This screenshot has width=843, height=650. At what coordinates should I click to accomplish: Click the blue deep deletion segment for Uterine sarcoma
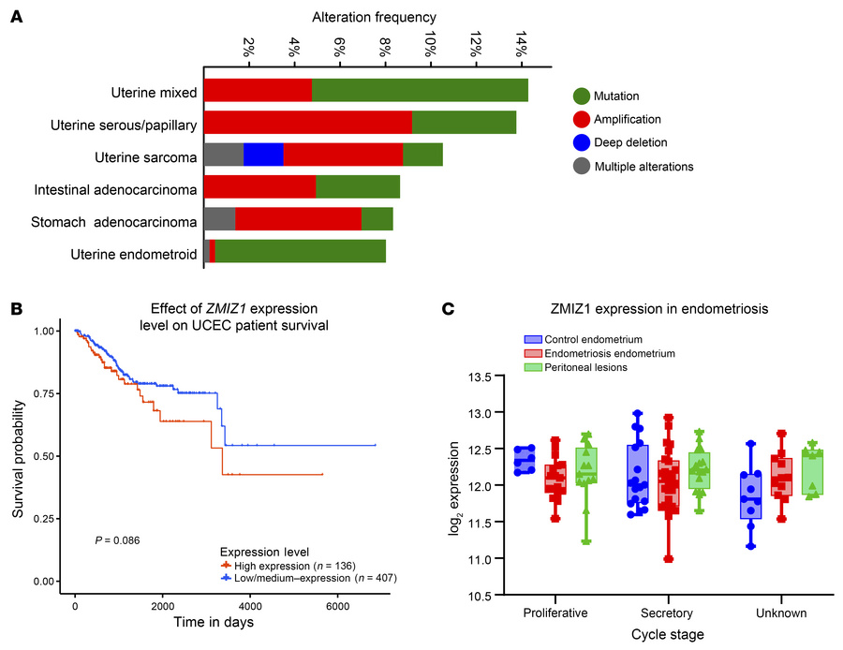coord(263,155)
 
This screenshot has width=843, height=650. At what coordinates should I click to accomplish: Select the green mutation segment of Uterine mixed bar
coord(420,91)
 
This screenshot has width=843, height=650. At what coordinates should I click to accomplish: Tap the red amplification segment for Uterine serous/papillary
coord(307,123)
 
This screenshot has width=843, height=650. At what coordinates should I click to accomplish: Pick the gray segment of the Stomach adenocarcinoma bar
coord(219,219)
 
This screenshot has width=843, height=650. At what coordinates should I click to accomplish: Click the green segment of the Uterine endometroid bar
coord(300,252)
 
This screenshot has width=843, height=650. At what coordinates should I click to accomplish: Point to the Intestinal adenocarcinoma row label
coord(115,190)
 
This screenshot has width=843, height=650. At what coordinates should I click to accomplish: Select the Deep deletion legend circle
coord(581,142)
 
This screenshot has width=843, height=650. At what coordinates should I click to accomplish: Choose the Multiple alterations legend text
coord(643,167)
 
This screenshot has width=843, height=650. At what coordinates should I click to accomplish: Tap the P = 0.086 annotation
coord(117,540)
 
